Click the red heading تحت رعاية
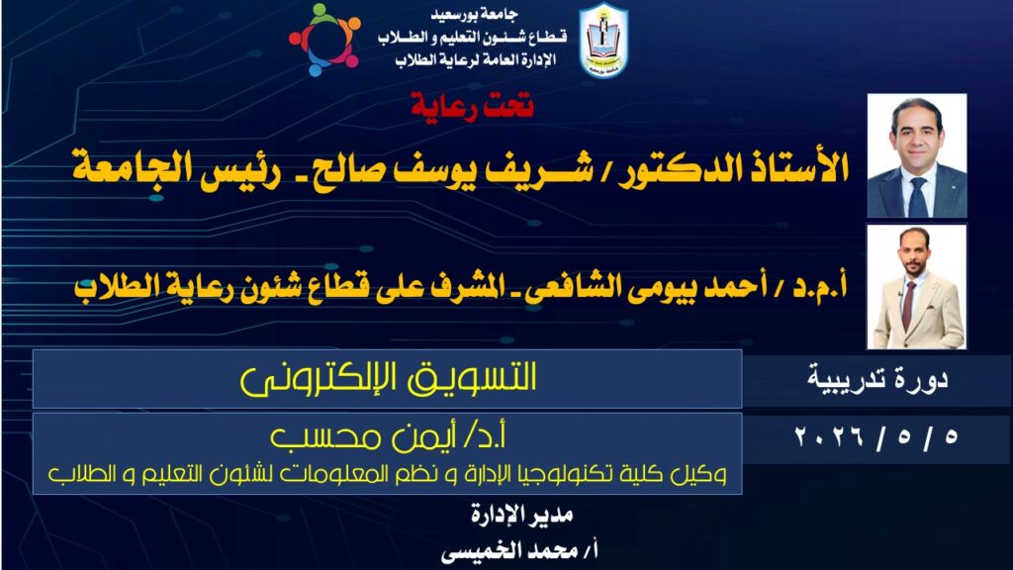(x=472, y=105)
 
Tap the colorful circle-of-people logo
(x=324, y=40)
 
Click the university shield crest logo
(x=603, y=41)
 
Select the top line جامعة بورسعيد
(x=474, y=14)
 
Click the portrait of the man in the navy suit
(x=917, y=155)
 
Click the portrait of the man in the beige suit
(x=917, y=287)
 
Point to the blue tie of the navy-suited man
(x=917, y=197)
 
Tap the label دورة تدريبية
(x=877, y=379)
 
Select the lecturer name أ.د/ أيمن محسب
(x=388, y=437)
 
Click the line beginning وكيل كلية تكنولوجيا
(x=388, y=474)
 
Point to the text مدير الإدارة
(x=521, y=515)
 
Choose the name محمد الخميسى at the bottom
(x=509, y=551)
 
